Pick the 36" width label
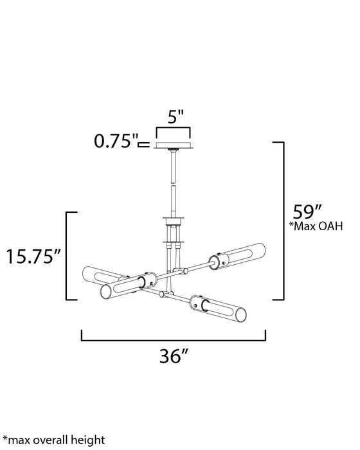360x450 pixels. [174, 356]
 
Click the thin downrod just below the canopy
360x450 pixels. [174, 167]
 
